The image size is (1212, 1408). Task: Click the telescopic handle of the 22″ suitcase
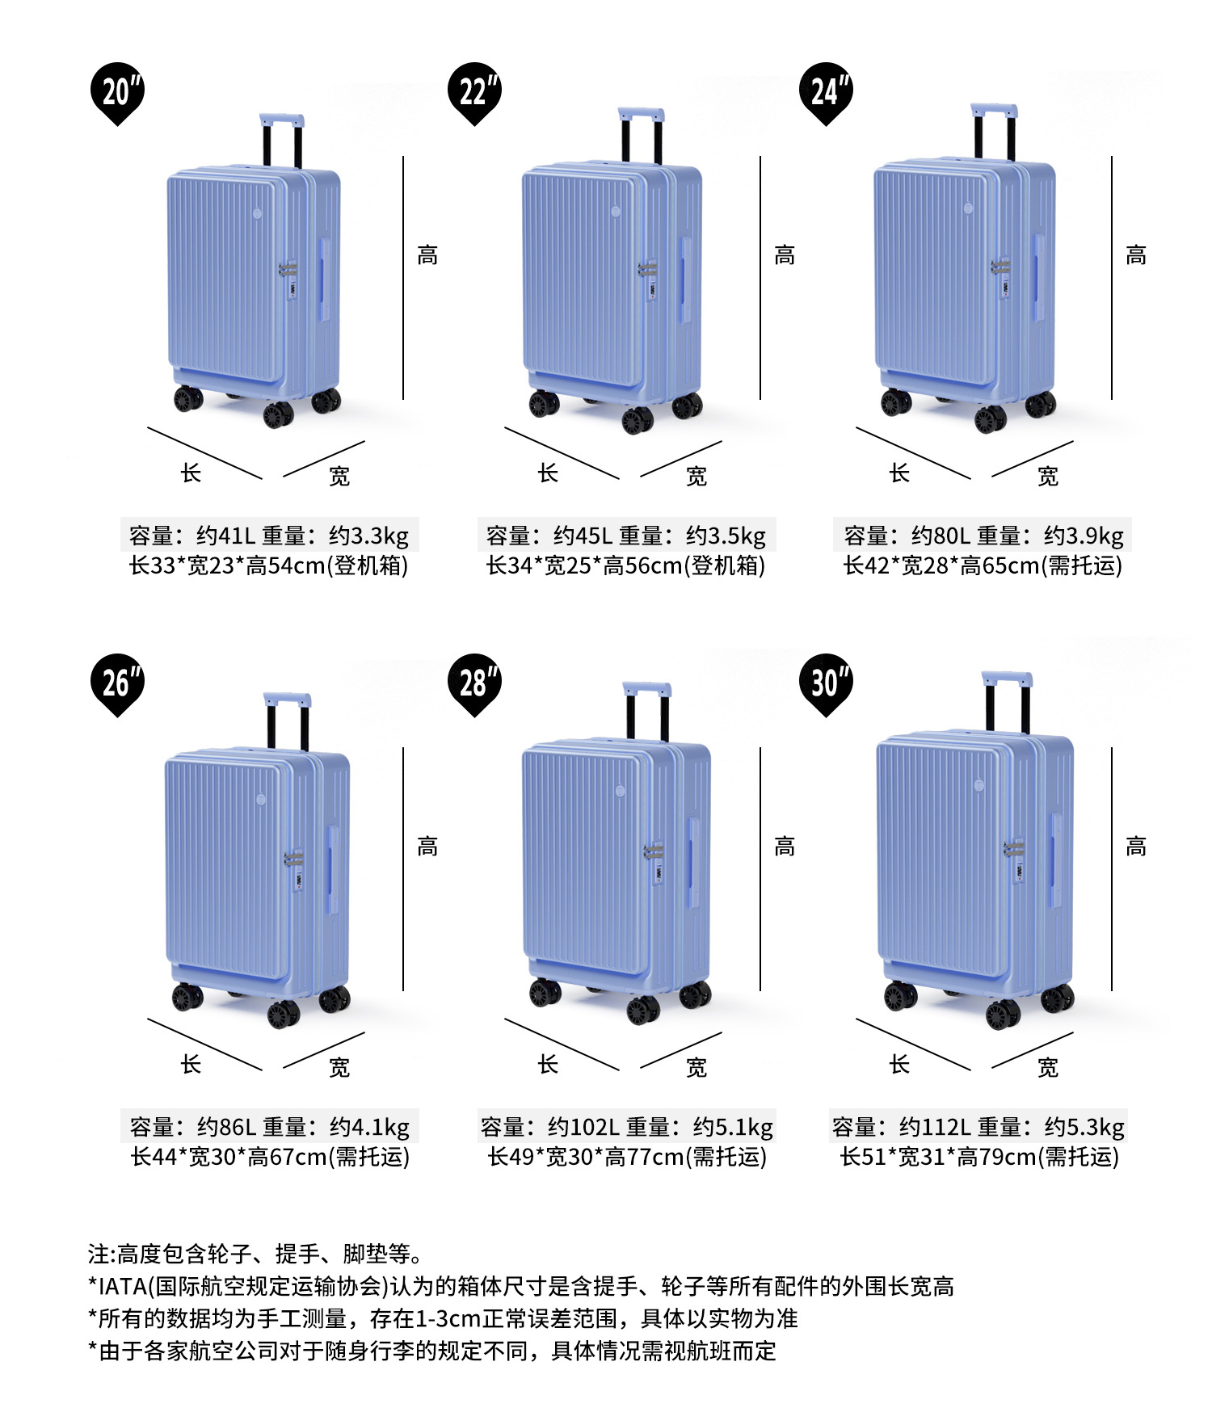tap(642, 136)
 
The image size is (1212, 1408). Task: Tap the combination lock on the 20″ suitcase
tap(288, 279)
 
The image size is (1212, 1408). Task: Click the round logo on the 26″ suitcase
tap(261, 800)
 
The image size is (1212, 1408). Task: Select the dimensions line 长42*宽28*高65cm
tap(941, 565)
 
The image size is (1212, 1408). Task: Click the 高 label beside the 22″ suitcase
tap(785, 255)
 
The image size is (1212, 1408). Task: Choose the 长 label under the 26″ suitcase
tap(191, 1064)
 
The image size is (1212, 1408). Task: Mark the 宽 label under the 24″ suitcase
tap(1048, 477)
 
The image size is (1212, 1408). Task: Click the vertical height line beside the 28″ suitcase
tap(760, 869)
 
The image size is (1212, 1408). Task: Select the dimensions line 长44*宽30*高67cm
tap(229, 1157)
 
